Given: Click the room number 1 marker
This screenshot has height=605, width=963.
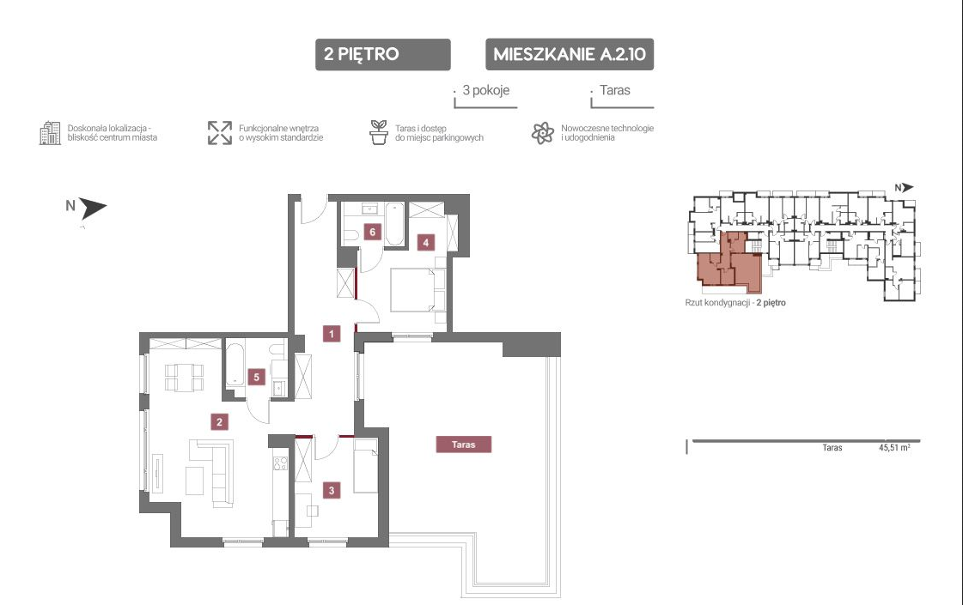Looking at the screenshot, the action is pyautogui.click(x=331, y=333).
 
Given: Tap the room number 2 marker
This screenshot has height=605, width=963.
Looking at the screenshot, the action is pyautogui.click(x=219, y=421).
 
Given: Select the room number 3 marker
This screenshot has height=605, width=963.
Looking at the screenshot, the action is pyautogui.click(x=332, y=490).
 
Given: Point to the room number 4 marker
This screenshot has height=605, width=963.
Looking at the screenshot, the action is pyautogui.click(x=425, y=242).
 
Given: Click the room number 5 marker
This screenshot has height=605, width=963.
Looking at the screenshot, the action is pyautogui.click(x=257, y=377).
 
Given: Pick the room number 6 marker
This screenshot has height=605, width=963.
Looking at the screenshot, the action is pyautogui.click(x=372, y=232).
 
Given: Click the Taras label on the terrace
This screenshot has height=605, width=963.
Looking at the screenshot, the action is pyautogui.click(x=464, y=445).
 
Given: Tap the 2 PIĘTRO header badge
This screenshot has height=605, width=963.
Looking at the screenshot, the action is pyautogui.click(x=382, y=55).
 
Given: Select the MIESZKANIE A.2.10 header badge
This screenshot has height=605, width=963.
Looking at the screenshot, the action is pyautogui.click(x=570, y=55).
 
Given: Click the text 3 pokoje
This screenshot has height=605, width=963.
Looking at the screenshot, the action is pyautogui.click(x=486, y=90).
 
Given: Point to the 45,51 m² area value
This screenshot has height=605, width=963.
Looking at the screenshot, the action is pyautogui.click(x=894, y=447).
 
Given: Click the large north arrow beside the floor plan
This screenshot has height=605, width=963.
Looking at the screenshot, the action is pyautogui.click(x=93, y=208).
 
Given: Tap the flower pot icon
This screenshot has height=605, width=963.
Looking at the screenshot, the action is pyautogui.click(x=379, y=132).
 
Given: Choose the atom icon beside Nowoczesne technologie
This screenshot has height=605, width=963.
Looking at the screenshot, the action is pyautogui.click(x=543, y=132).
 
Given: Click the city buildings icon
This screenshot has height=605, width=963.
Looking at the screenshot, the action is pyautogui.click(x=50, y=132).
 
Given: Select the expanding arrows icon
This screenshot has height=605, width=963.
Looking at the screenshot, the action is pyautogui.click(x=220, y=132).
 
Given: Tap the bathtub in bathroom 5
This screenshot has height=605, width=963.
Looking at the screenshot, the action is pyautogui.click(x=236, y=364).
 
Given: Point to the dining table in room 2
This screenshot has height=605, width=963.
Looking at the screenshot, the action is pyautogui.click(x=184, y=377).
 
